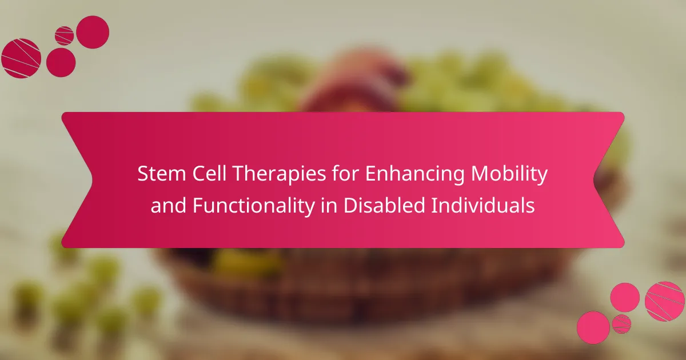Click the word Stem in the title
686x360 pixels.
click(162, 174)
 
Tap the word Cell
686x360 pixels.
click(209, 174)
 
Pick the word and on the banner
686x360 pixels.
click(169, 205)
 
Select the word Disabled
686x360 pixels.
click(384, 205)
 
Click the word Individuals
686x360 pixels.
click(483, 205)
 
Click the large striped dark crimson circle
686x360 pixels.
click(21, 58)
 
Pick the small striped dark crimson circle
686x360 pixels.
click(64, 36)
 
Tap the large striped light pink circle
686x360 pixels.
click(664, 302)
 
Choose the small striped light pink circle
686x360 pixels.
click(621, 324)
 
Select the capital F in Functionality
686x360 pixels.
click(198, 205)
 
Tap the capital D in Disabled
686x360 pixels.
click(350, 205)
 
